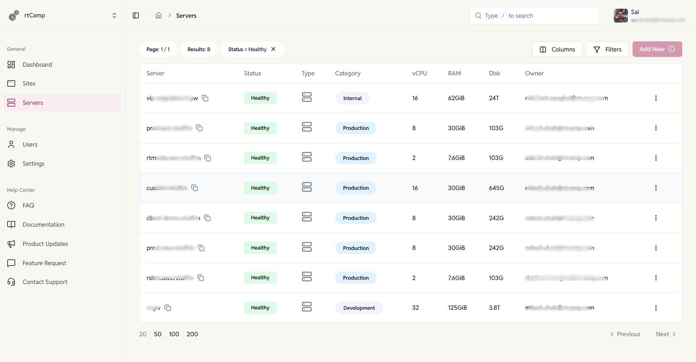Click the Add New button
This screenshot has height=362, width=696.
pyautogui.click(x=657, y=49)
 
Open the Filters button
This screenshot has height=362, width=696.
pyautogui.click(x=607, y=49)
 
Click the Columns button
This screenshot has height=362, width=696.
pyautogui.click(x=557, y=49)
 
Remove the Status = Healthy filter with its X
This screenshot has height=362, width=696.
pyautogui.click(x=273, y=49)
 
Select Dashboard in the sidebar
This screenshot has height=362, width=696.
pyautogui.click(x=37, y=65)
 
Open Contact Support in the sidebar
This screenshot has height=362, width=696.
pyautogui.click(x=45, y=282)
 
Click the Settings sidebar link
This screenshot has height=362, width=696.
pyautogui.click(x=33, y=164)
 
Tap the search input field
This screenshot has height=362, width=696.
pyautogui.click(x=534, y=16)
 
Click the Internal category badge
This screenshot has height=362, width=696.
pyautogui.click(x=352, y=98)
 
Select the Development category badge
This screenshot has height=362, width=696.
pyautogui.click(x=359, y=308)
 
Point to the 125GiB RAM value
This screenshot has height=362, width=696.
pyautogui.click(x=457, y=308)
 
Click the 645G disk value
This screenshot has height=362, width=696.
pyautogui.click(x=496, y=188)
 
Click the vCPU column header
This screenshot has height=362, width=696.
pyautogui.click(x=419, y=73)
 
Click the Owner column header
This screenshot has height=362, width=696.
pyautogui.click(x=534, y=73)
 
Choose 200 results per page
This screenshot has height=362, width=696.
pyautogui.click(x=192, y=334)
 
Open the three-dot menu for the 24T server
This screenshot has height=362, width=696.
pyautogui.click(x=655, y=98)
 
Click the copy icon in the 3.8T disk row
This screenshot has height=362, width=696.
pyautogui.click(x=168, y=308)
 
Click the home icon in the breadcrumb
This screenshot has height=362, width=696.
pyautogui.click(x=158, y=16)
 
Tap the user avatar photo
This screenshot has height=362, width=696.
pyautogui.click(x=621, y=16)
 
